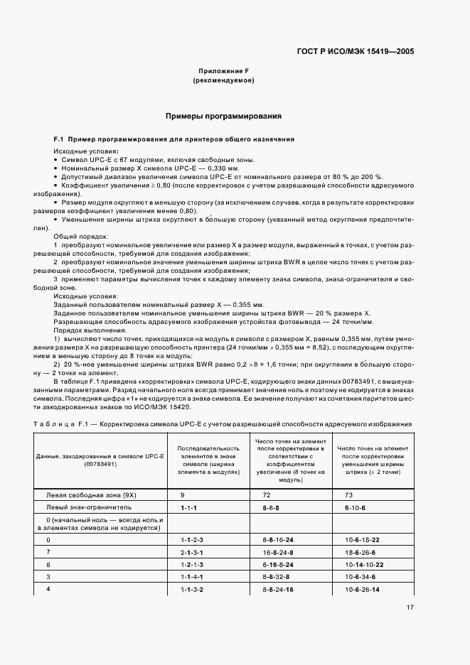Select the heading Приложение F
(x=223, y=71)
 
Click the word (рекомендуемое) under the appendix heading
(x=223, y=81)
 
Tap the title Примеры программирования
(x=223, y=115)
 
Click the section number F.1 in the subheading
(x=59, y=139)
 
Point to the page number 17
(x=410, y=607)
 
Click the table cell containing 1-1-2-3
(x=192, y=540)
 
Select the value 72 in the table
(x=266, y=493)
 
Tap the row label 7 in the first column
(x=48, y=551)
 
